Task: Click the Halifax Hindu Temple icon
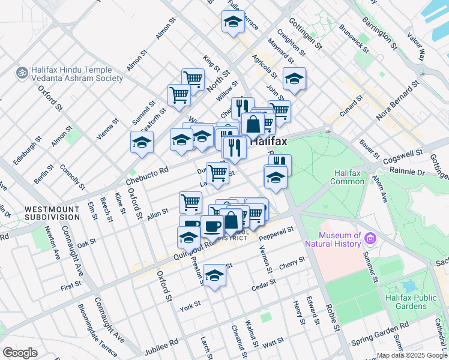pos(22,72)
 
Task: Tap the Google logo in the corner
pos(20,353)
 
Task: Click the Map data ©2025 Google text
pos(411,355)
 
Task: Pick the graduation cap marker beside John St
pos(294,78)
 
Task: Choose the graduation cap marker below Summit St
pos(142,142)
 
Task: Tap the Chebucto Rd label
pos(146,174)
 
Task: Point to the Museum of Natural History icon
pos(370,239)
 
